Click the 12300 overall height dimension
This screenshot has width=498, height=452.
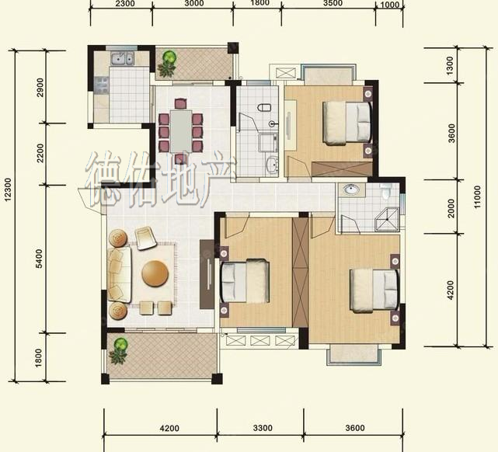pos(8,189)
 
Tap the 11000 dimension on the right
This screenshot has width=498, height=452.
pos(477,196)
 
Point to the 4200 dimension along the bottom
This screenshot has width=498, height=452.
pos(169,429)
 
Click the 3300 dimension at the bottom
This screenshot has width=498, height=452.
pos(263,428)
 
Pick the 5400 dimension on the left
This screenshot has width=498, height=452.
pos(39,259)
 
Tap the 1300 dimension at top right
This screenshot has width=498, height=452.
pos(450,66)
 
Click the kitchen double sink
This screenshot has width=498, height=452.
pos(122,59)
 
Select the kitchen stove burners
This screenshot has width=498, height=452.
pos(102,85)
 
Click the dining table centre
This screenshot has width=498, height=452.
pos(181,131)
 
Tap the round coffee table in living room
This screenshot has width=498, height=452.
pos(155,273)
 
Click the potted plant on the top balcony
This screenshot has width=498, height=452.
pos(168,64)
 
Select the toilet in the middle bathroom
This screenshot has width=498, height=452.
pos(264,107)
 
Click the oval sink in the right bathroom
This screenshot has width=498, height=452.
pos(351,190)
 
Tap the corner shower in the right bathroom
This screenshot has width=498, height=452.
pos(387,219)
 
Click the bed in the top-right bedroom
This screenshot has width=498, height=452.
pos(347,123)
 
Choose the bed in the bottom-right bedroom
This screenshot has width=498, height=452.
pos(374,290)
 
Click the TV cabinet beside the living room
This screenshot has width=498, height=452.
pos(207,274)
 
